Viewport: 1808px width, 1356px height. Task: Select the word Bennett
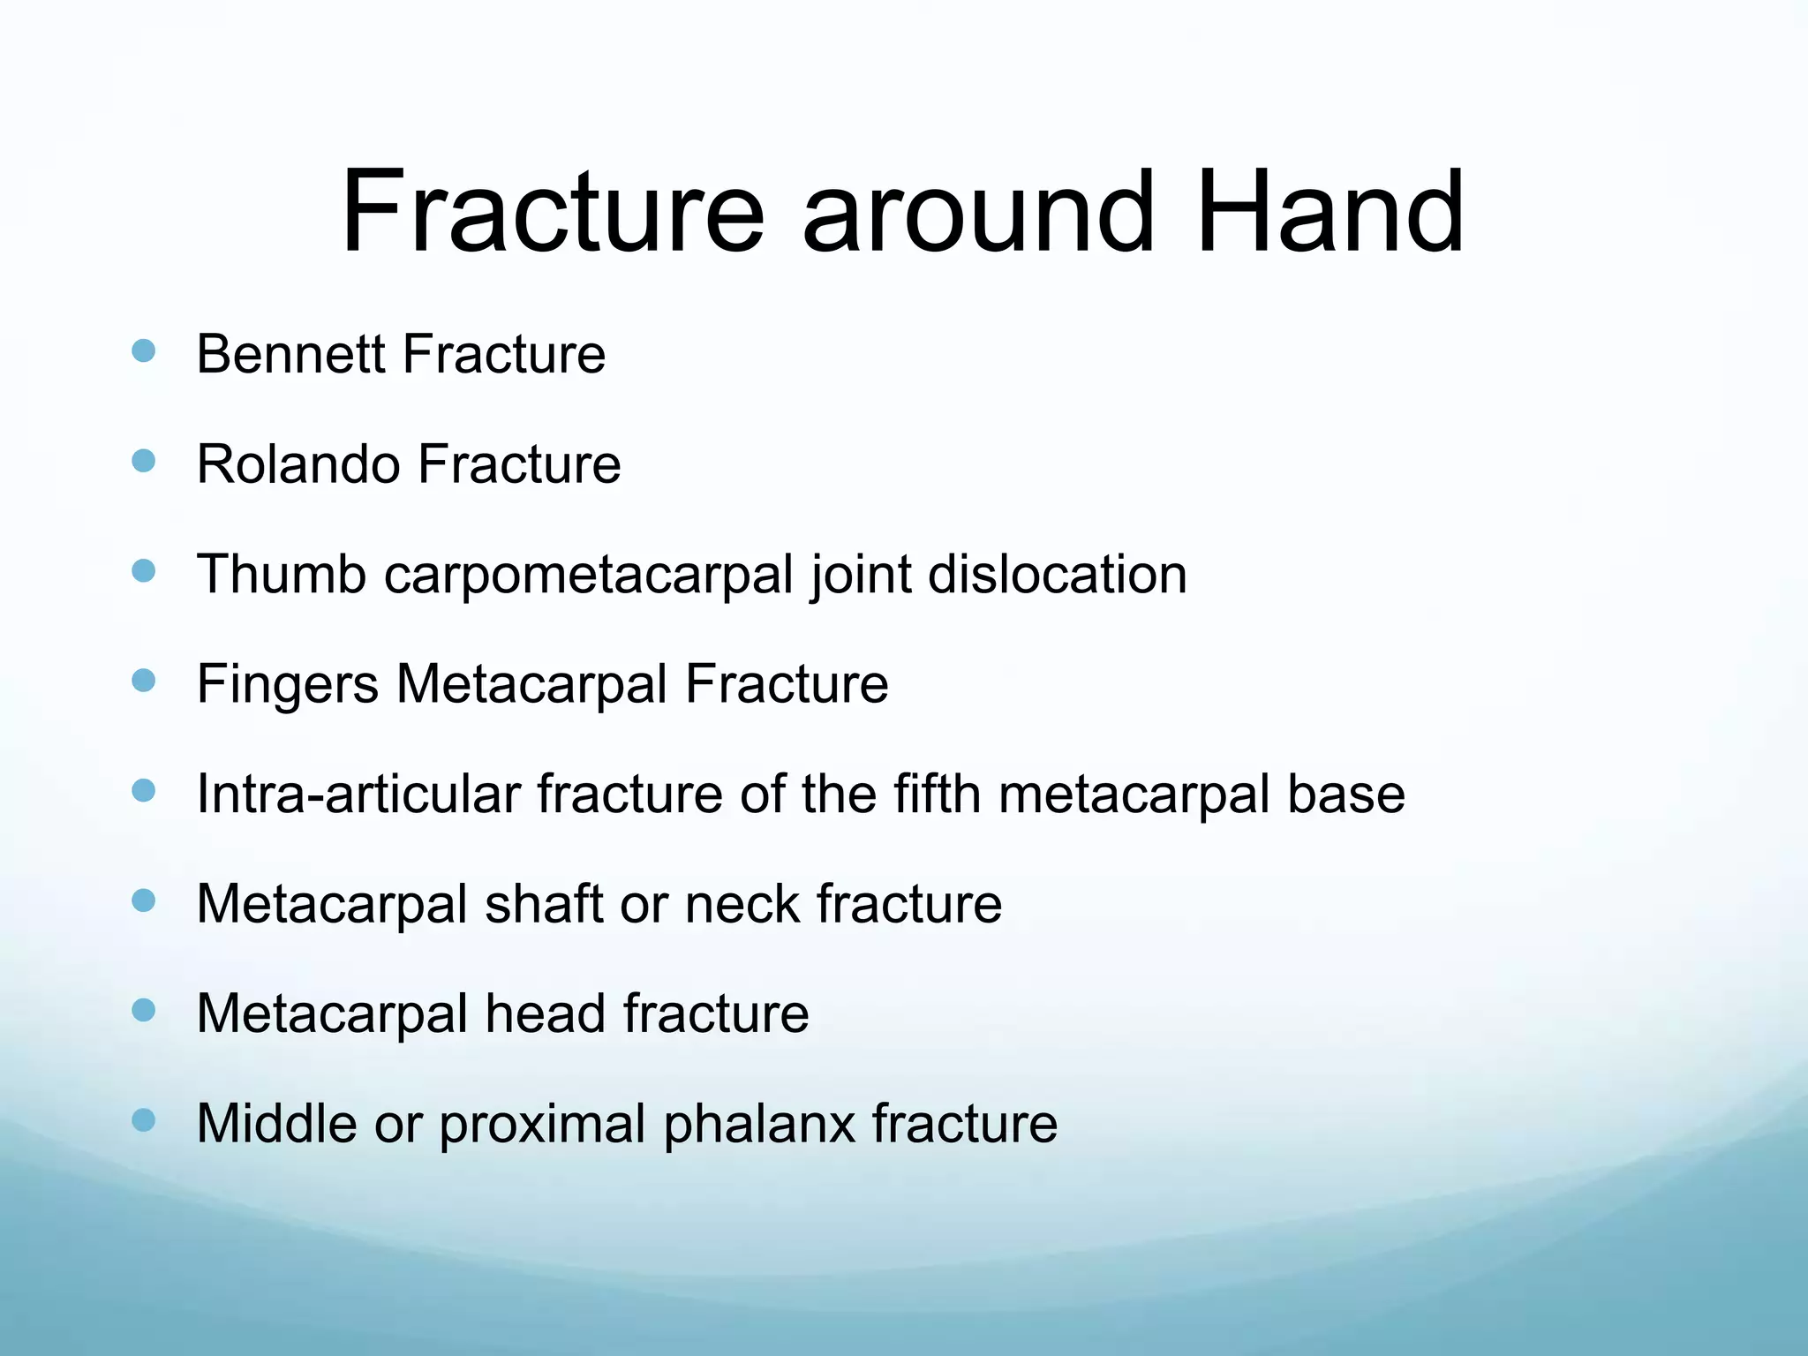(x=290, y=354)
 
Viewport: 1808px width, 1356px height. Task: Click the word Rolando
(x=298, y=464)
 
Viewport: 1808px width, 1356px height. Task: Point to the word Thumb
(x=281, y=574)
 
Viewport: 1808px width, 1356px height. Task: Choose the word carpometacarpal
(x=588, y=576)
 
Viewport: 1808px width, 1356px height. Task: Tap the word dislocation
(x=1057, y=574)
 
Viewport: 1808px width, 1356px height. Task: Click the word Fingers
(x=287, y=685)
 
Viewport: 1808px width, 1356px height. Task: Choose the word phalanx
(x=759, y=1125)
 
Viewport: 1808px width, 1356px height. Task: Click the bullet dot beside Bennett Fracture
(x=143, y=351)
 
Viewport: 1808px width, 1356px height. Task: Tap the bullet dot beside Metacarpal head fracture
(x=143, y=1010)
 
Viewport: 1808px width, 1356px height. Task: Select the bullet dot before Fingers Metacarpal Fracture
(x=143, y=681)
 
